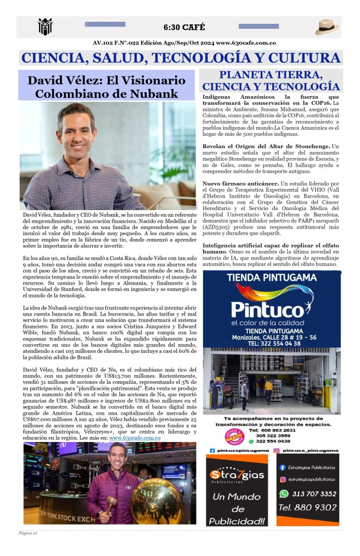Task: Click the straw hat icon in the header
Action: [327, 27]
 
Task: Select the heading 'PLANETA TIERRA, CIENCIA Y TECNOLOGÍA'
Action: [271, 80]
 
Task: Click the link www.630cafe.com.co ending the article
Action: [135, 437]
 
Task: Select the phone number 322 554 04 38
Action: [281, 344]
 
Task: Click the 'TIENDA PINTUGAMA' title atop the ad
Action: [271, 278]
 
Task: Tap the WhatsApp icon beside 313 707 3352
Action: [283, 494]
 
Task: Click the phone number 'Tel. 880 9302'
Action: [307, 508]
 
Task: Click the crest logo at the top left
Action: [44, 27]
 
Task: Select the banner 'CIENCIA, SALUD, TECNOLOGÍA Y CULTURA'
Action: [180, 58]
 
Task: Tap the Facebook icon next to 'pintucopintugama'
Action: [212, 450]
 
